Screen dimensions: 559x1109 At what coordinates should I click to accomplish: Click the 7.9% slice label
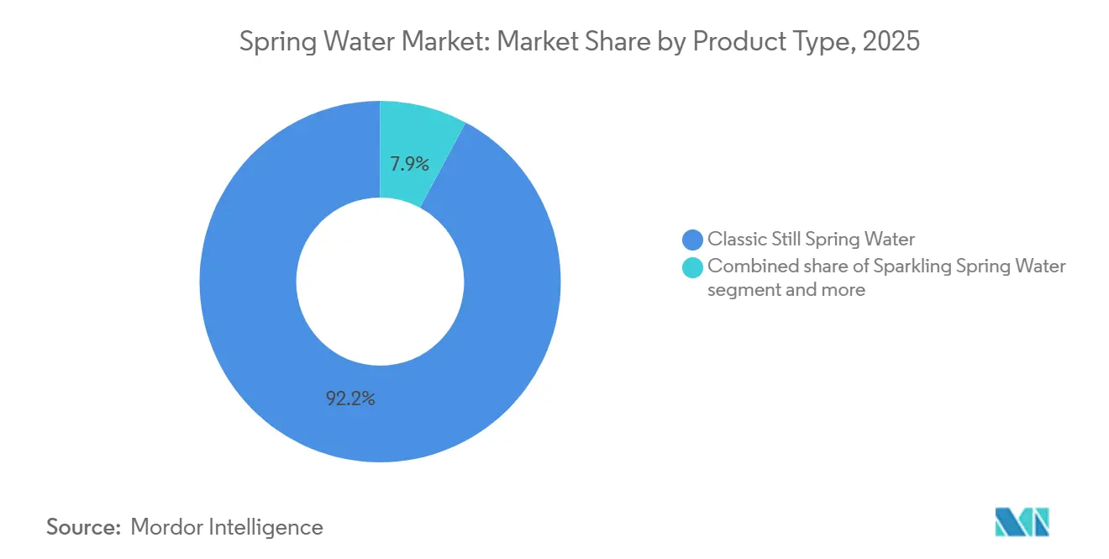409,164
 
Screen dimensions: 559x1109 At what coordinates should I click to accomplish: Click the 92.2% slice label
350,399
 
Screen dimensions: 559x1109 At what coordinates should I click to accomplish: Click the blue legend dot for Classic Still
693,240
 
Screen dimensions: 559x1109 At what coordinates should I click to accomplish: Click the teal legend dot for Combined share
693,267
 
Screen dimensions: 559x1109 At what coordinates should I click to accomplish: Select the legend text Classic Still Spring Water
811,240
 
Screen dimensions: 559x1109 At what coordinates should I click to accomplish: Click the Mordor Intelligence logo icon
1022,522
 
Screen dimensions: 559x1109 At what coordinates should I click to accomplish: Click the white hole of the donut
380,281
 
